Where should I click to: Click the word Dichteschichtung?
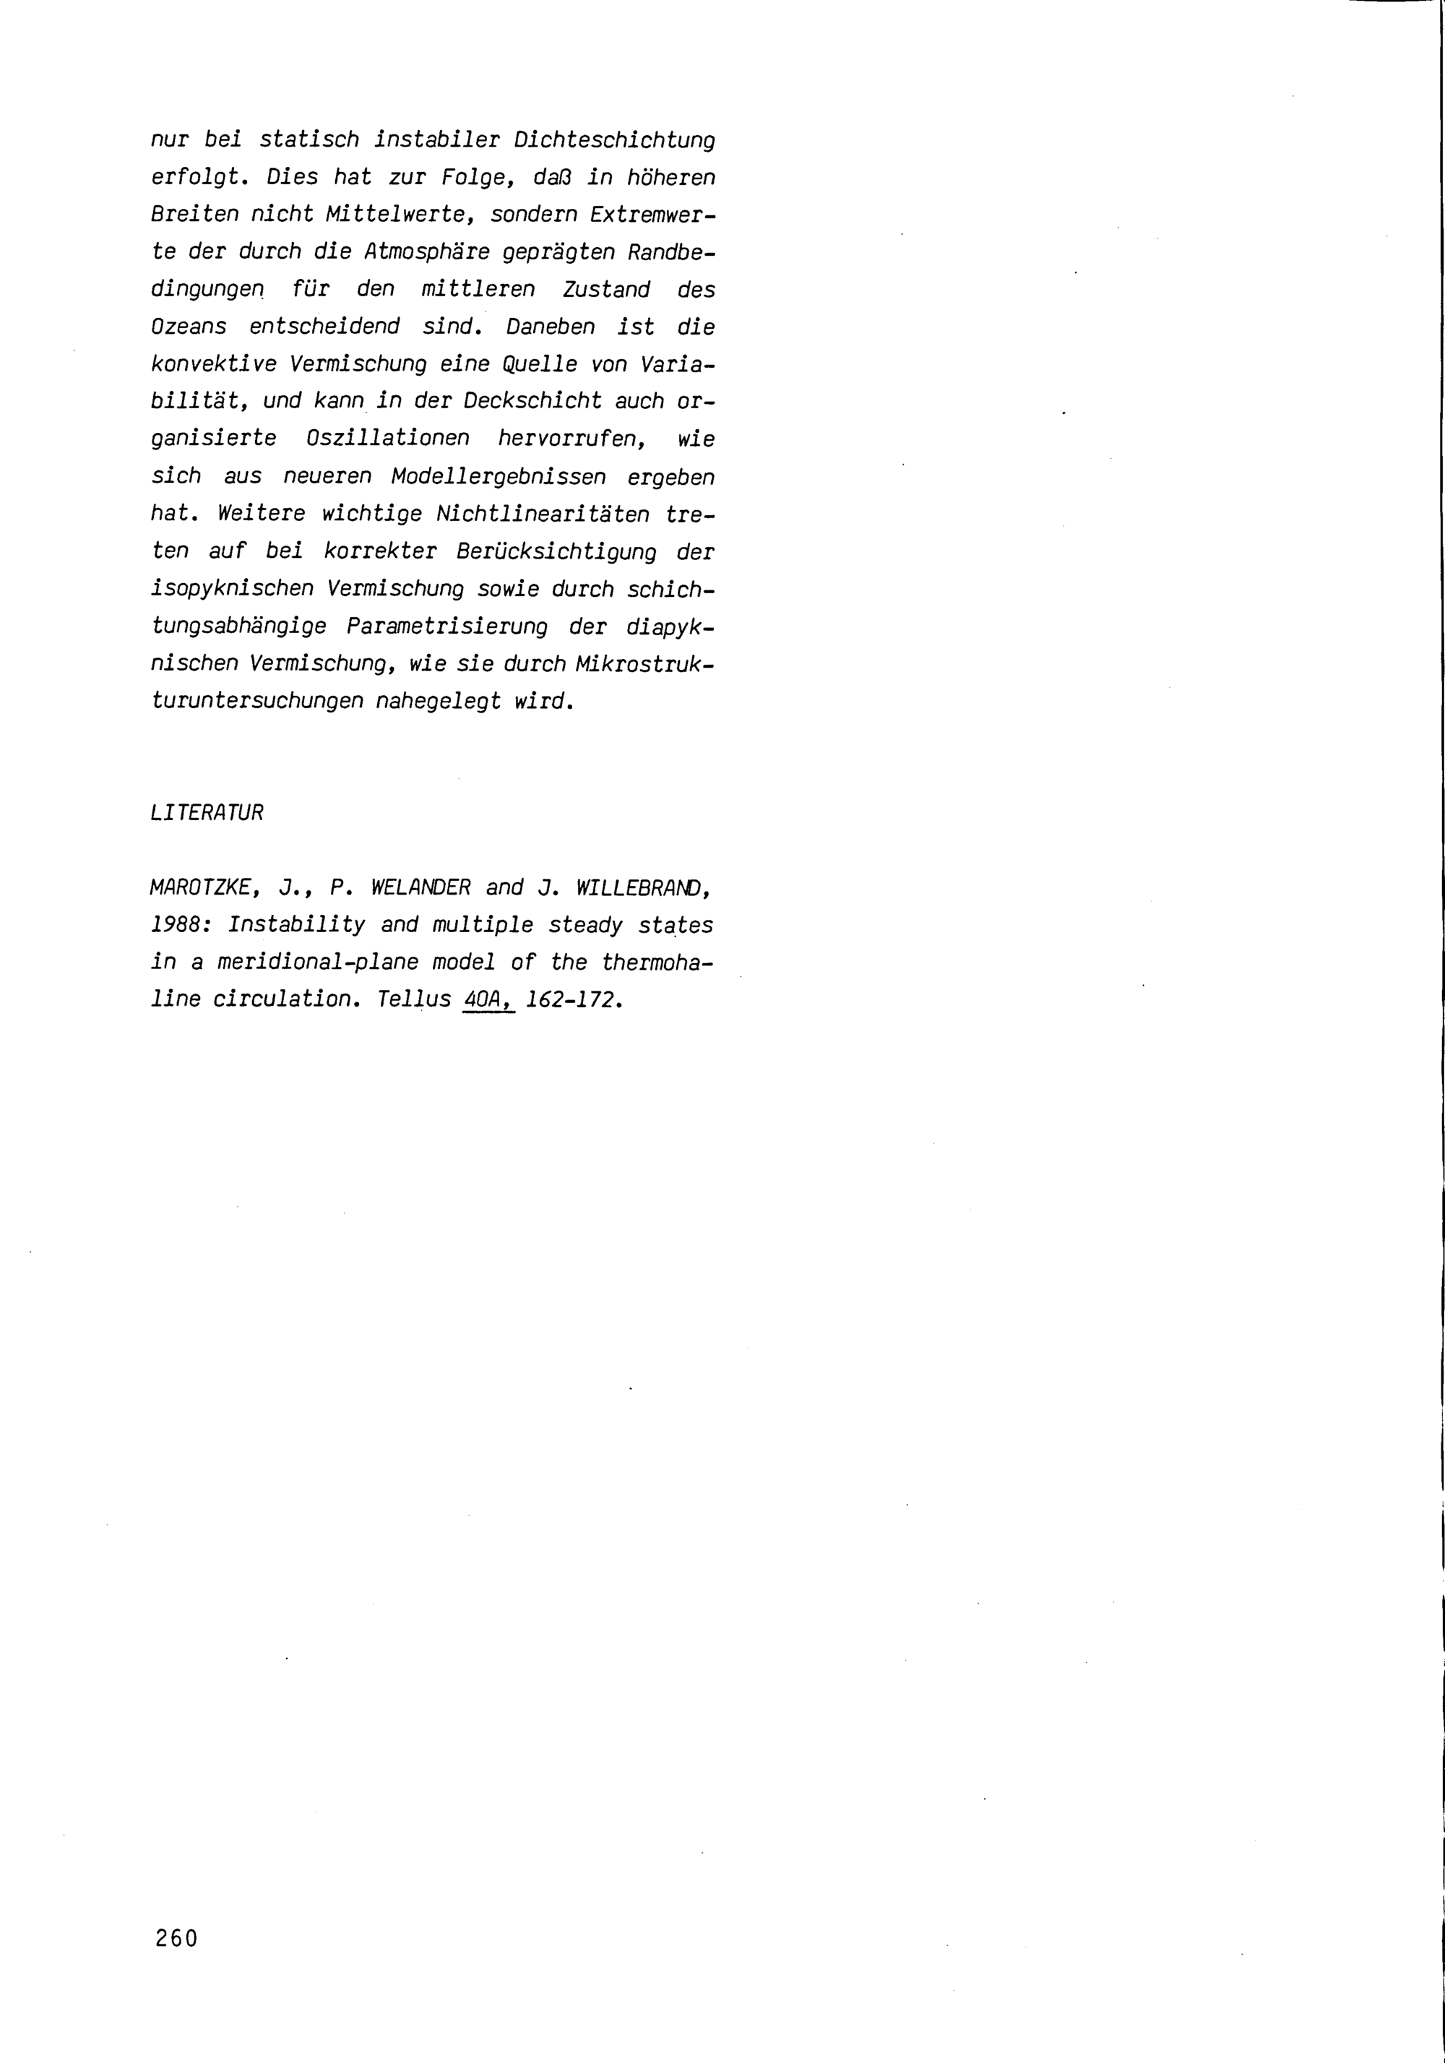pos(615,140)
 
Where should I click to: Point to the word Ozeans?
pos(189,327)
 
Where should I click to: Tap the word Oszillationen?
pos(387,439)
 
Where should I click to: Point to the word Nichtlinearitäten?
pos(542,514)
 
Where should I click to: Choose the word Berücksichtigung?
pos(556,551)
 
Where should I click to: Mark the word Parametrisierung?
pos(447,626)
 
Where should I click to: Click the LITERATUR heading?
pos(207,813)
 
